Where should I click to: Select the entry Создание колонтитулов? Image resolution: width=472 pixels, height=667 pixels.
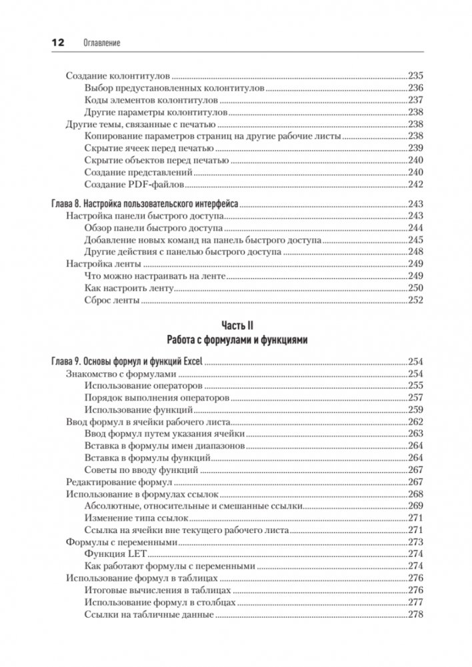click(x=118, y=75)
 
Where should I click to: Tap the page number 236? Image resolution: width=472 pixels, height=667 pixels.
click(x=415, y=87)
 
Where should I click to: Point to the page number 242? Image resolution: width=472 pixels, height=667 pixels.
click(x=415, y=184)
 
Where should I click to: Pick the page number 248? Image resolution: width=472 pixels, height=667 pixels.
click(x=415, y=252)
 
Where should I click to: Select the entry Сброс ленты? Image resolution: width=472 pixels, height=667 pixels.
click(x=112, y=300)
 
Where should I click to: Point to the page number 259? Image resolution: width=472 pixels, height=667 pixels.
click(x=415, y=409)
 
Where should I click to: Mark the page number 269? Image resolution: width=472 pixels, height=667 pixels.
click(x=415, y=506)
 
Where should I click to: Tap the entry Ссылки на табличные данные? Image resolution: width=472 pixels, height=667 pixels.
click(x=149, y=614)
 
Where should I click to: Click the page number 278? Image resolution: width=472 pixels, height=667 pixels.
click(x=415, y=614)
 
